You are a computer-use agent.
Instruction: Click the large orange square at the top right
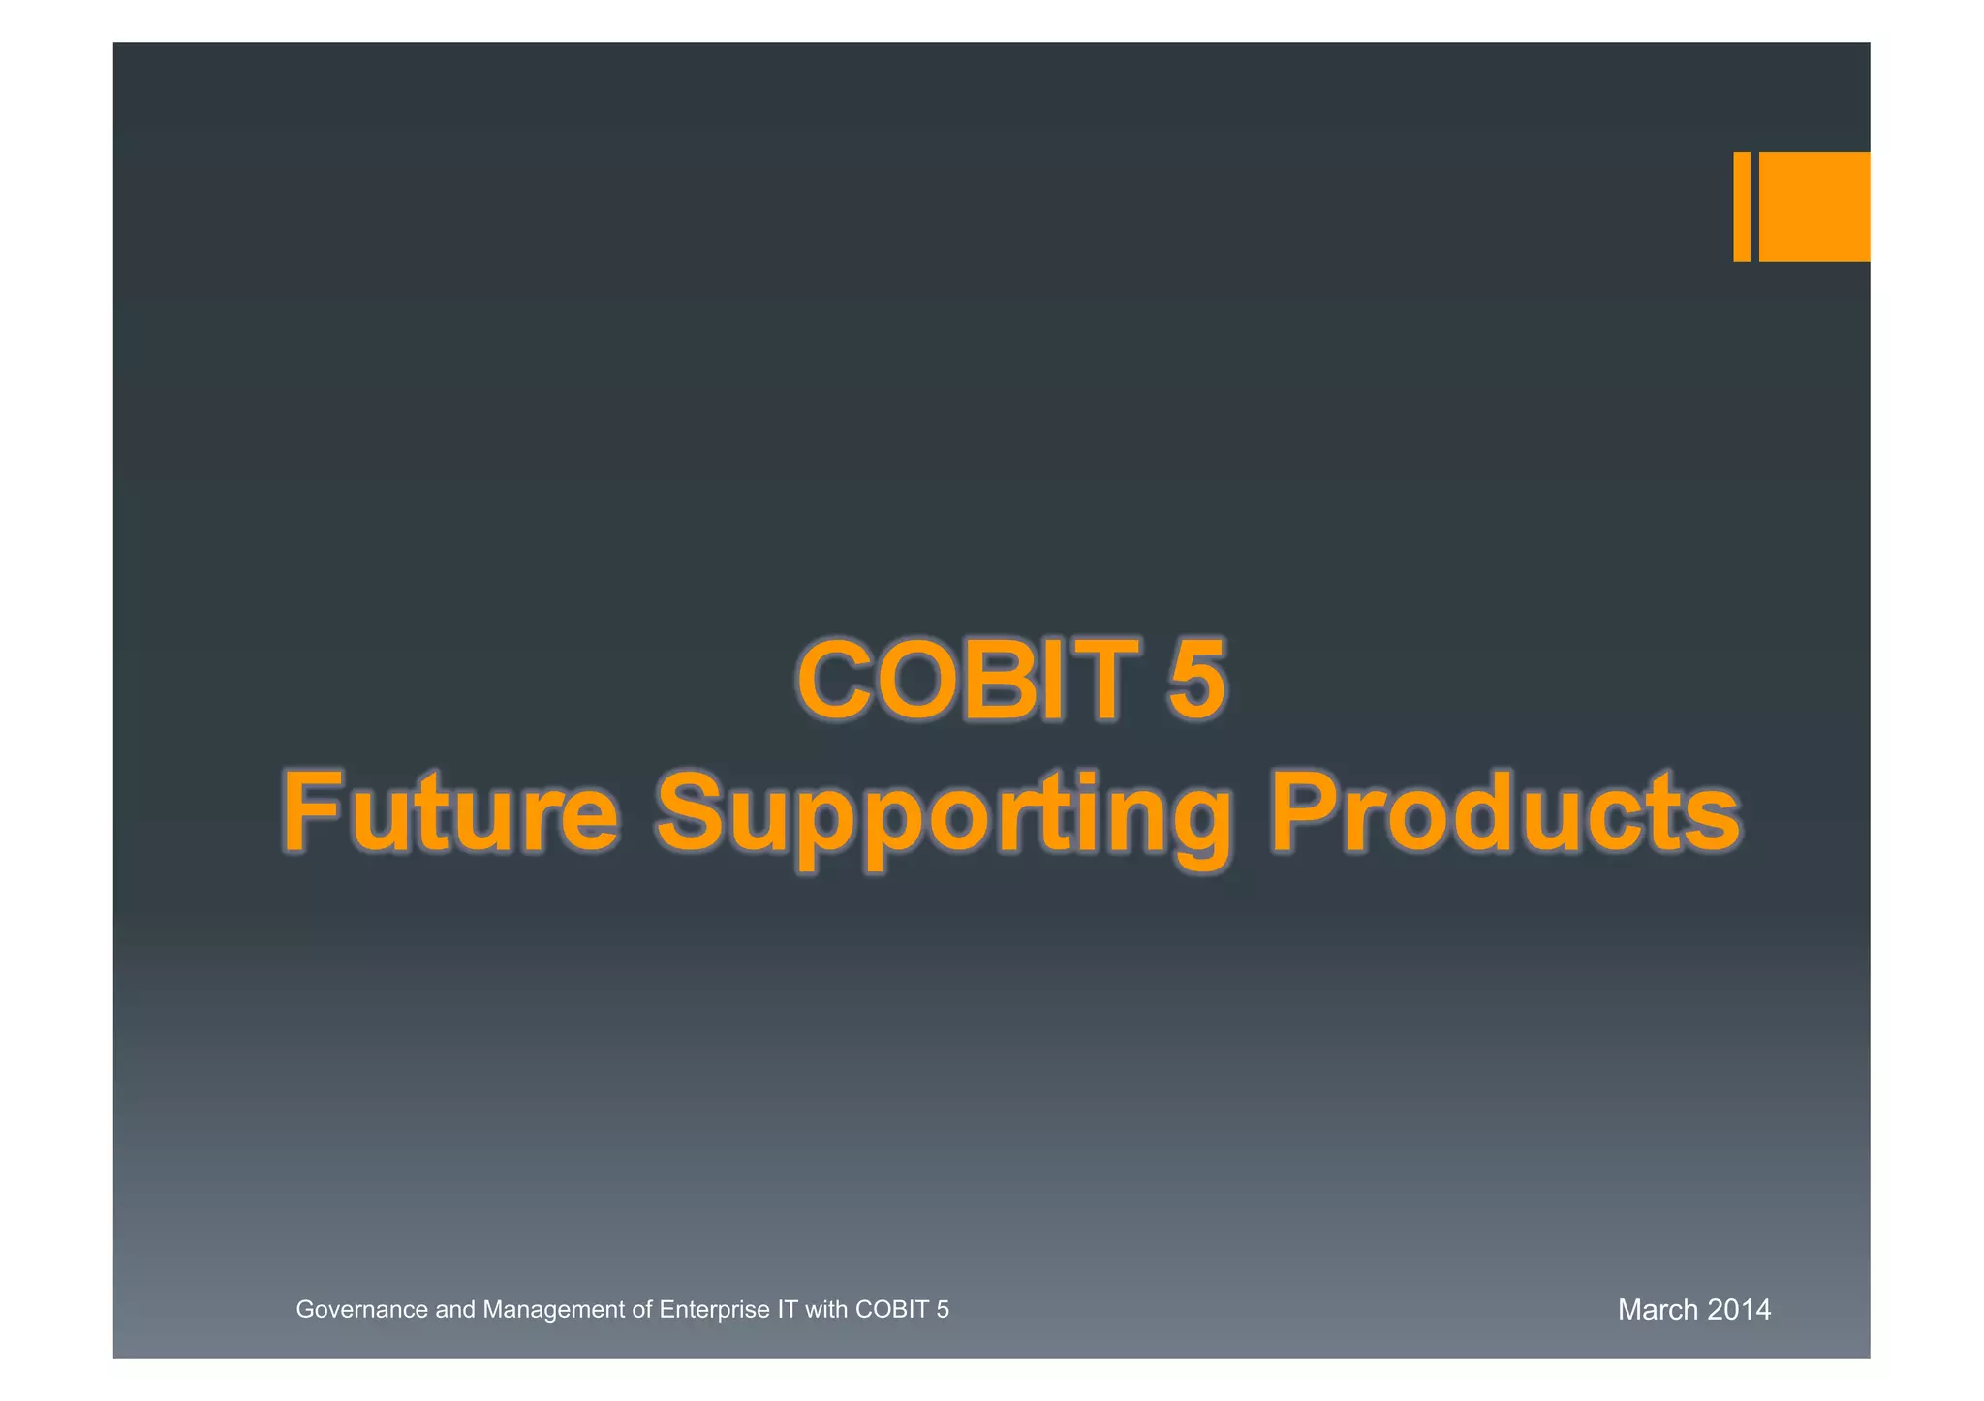[x=1813, y=206]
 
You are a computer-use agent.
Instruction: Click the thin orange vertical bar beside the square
[x=1741, y=206]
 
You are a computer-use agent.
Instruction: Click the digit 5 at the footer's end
[x=943, y=1310]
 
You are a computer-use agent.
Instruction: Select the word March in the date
[x=1658, y=1310]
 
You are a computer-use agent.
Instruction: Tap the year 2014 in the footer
[x=1739, y=1310]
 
